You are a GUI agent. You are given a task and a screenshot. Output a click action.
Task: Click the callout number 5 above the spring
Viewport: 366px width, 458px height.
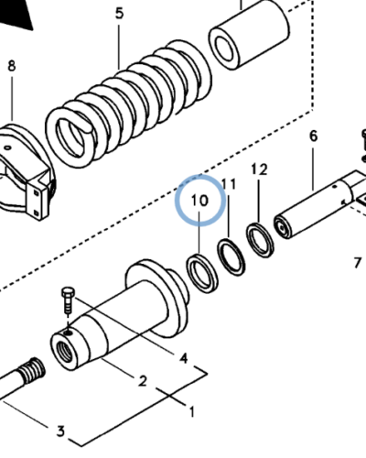click(x=119, y=14)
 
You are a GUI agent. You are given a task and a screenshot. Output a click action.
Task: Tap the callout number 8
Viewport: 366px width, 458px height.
click(x=12, y=66)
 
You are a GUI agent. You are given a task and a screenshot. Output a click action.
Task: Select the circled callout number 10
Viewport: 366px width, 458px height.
click(x=199, y=201)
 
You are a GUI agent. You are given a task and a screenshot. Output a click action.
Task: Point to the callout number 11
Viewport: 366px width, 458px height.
click(x=229, y=184)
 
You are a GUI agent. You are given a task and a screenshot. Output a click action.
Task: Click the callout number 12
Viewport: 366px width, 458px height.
click(x=259, y=169)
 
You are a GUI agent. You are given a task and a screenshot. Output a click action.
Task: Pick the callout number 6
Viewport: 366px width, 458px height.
click(x=314, y=136)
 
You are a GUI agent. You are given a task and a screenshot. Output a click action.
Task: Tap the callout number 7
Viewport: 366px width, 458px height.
click(x=358, y=263)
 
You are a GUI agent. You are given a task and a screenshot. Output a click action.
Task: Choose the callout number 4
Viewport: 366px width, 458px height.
click(x=183, y=358)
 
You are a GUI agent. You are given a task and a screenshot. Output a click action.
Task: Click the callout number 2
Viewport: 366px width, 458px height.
click(x=143, y=381)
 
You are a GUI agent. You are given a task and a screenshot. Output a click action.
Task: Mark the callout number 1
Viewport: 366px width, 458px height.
click(x=192, y=412)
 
